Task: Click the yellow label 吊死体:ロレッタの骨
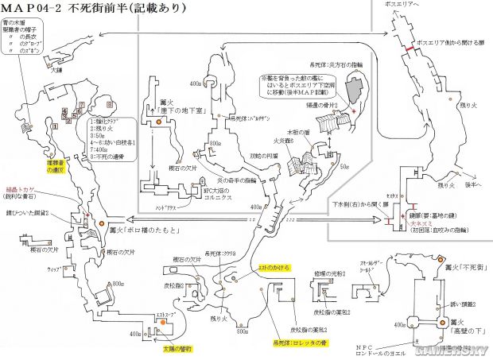coord(304,343)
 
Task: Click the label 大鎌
coord(56,70)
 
